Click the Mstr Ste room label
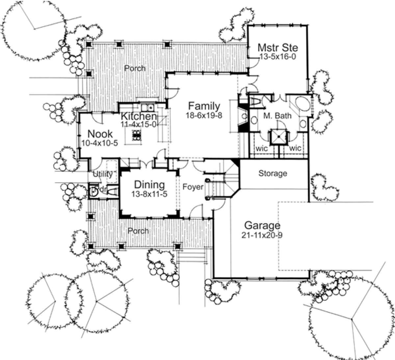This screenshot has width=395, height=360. [278, 47]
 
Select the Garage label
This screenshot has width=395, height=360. [262, 226]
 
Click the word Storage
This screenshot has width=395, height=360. [273, 173]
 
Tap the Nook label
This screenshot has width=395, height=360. [100, 134]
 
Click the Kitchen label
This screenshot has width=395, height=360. [138, 116]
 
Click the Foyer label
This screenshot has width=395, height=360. [193, 187]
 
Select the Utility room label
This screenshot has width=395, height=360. [103, 174]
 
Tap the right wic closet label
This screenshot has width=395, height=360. [295, 148]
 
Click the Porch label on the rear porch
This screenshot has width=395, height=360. [135, 68]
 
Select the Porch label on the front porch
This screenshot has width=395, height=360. [139, 231]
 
